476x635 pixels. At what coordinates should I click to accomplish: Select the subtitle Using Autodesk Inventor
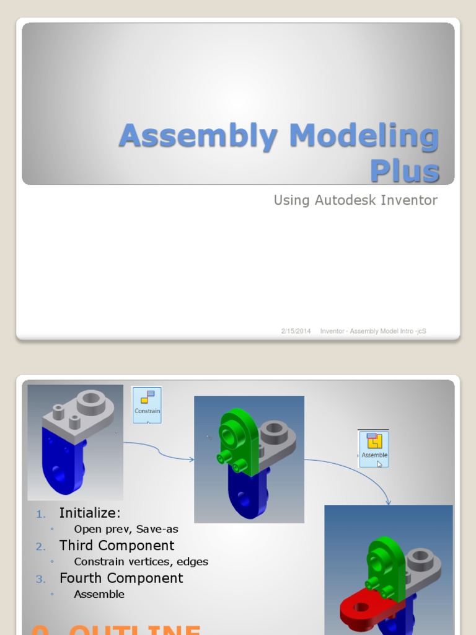click(355, 200)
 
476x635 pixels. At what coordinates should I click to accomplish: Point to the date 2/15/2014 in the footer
click(296, 331)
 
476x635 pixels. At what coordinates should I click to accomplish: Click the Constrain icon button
click(147, 405)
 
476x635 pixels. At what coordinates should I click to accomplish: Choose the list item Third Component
click(117, 545)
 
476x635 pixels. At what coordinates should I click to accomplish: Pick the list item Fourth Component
click(121, 578)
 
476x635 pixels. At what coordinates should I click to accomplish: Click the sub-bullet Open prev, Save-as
click(126, 529)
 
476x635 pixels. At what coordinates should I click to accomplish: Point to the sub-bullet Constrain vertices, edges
click(141, 562)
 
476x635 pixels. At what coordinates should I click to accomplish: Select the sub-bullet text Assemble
click(99, 594)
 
